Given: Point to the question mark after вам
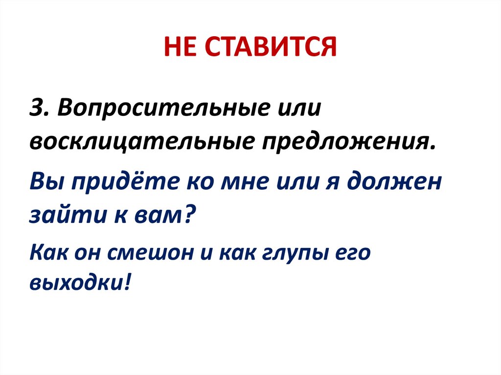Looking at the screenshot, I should pos(189,214).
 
